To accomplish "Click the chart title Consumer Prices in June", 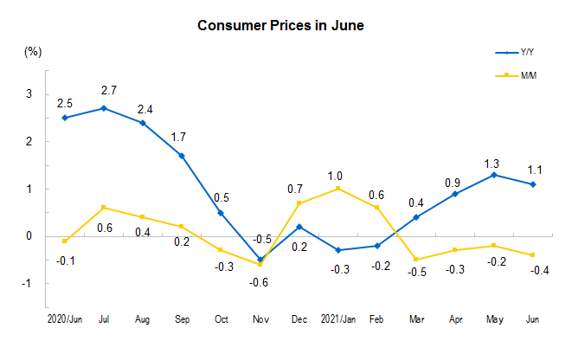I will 281,25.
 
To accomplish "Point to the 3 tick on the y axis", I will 29,93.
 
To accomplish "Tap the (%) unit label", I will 33,52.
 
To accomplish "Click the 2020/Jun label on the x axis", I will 65,319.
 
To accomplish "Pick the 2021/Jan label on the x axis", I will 337,319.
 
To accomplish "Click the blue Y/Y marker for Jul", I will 103,108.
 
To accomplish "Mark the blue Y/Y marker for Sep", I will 181,156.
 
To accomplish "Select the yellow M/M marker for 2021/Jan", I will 337,189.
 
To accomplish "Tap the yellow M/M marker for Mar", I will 415,260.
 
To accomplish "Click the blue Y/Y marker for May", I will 493,175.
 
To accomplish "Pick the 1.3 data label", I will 493,163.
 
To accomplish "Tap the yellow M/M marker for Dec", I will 298,203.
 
